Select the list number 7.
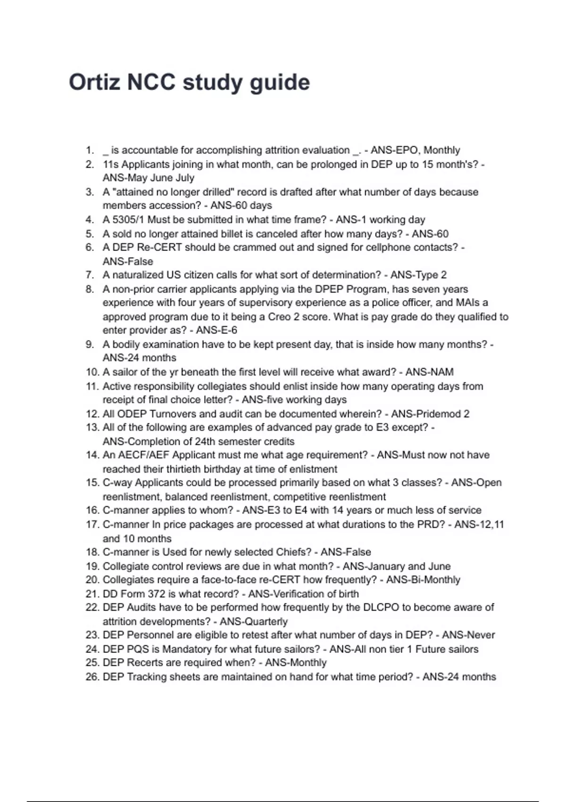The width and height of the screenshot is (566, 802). point(90,275)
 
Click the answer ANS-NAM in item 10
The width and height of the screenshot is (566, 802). point(429,372)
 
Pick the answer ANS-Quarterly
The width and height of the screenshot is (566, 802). point(254,622)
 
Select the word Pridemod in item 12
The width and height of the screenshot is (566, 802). point(437,414)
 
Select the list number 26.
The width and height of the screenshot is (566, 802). point(92,677)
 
